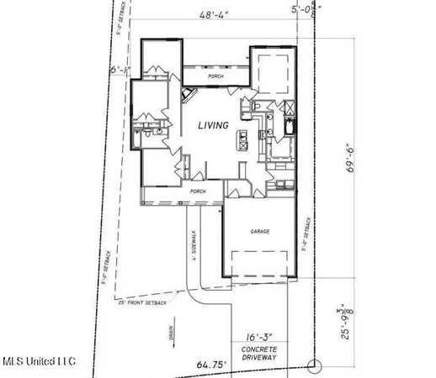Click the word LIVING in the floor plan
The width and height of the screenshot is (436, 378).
[213, 126]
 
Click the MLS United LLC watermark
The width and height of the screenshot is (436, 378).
[39, 361]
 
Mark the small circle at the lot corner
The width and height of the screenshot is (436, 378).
[313, 365]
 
